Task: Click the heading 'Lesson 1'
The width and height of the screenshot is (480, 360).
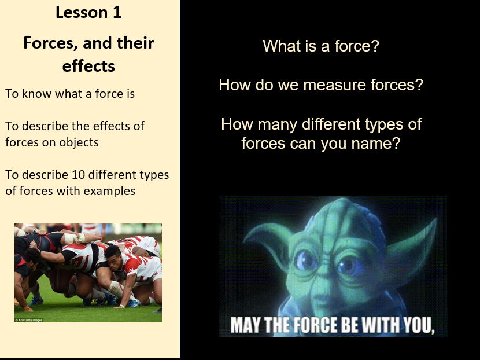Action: coord(88,12)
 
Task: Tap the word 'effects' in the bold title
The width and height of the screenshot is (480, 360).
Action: coord(88,65)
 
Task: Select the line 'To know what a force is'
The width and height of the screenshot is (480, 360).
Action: coord(70,93)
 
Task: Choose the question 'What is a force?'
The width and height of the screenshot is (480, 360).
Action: coord(320,46)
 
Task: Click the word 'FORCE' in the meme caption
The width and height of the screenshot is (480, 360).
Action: coord(316,325)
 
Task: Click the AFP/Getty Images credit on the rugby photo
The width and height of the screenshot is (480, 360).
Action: coord(28,319)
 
